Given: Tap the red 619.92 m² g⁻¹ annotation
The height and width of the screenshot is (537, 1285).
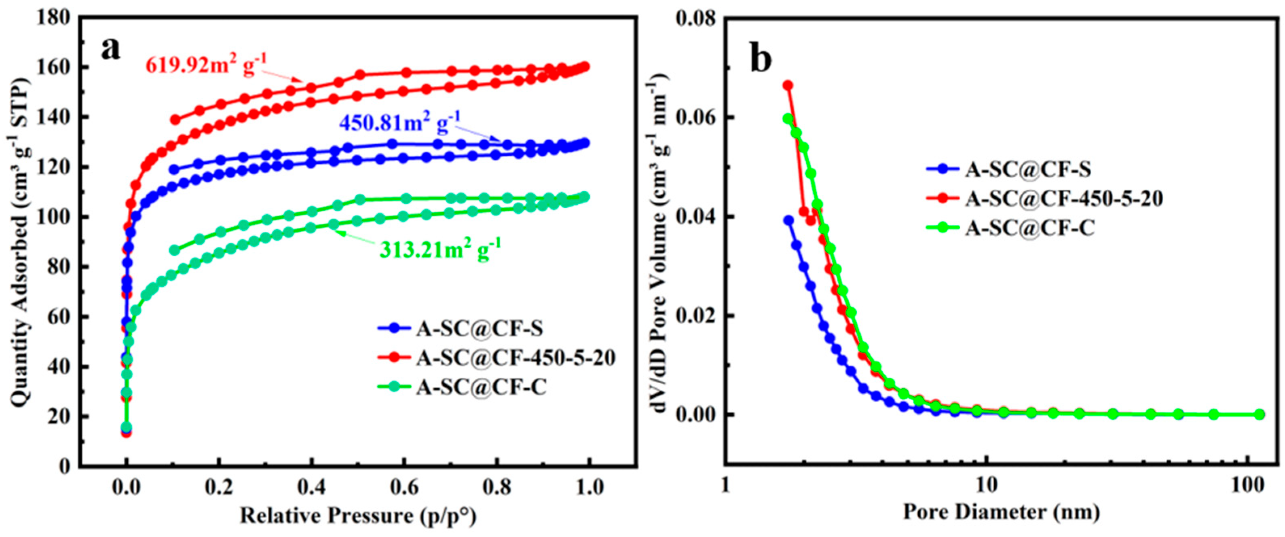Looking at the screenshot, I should coord(206,64).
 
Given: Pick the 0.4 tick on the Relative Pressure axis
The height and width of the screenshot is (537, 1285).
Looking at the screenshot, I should coord(311,486).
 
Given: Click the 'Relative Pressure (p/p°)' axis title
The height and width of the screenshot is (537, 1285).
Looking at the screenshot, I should coord(358,515).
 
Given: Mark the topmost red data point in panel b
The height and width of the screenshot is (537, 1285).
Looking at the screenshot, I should coord(788,85).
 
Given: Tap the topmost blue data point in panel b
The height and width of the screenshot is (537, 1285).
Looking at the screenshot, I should coord(788,220).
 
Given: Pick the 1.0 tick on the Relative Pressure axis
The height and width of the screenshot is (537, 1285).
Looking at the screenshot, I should coord(589,486).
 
